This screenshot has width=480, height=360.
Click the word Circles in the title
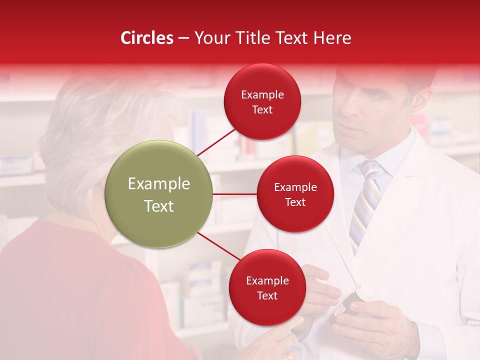pyautogui.click(x=146, y=38)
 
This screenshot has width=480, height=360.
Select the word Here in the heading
pyautogui.click(x=332, y=38)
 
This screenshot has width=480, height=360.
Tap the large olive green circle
pyautogui.click(x=158, y=194)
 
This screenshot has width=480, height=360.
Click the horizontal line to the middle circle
pyautogui.click(x=235, y=194)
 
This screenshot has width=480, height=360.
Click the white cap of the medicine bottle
pyautogui.click(x=364, y=291)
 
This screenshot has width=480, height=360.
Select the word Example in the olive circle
pyautogui.click(x=158, y=184)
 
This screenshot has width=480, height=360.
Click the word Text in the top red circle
pyautogui.click(x=262, y=110)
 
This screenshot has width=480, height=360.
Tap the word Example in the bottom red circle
pyautogui.click(x=267, y=281)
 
